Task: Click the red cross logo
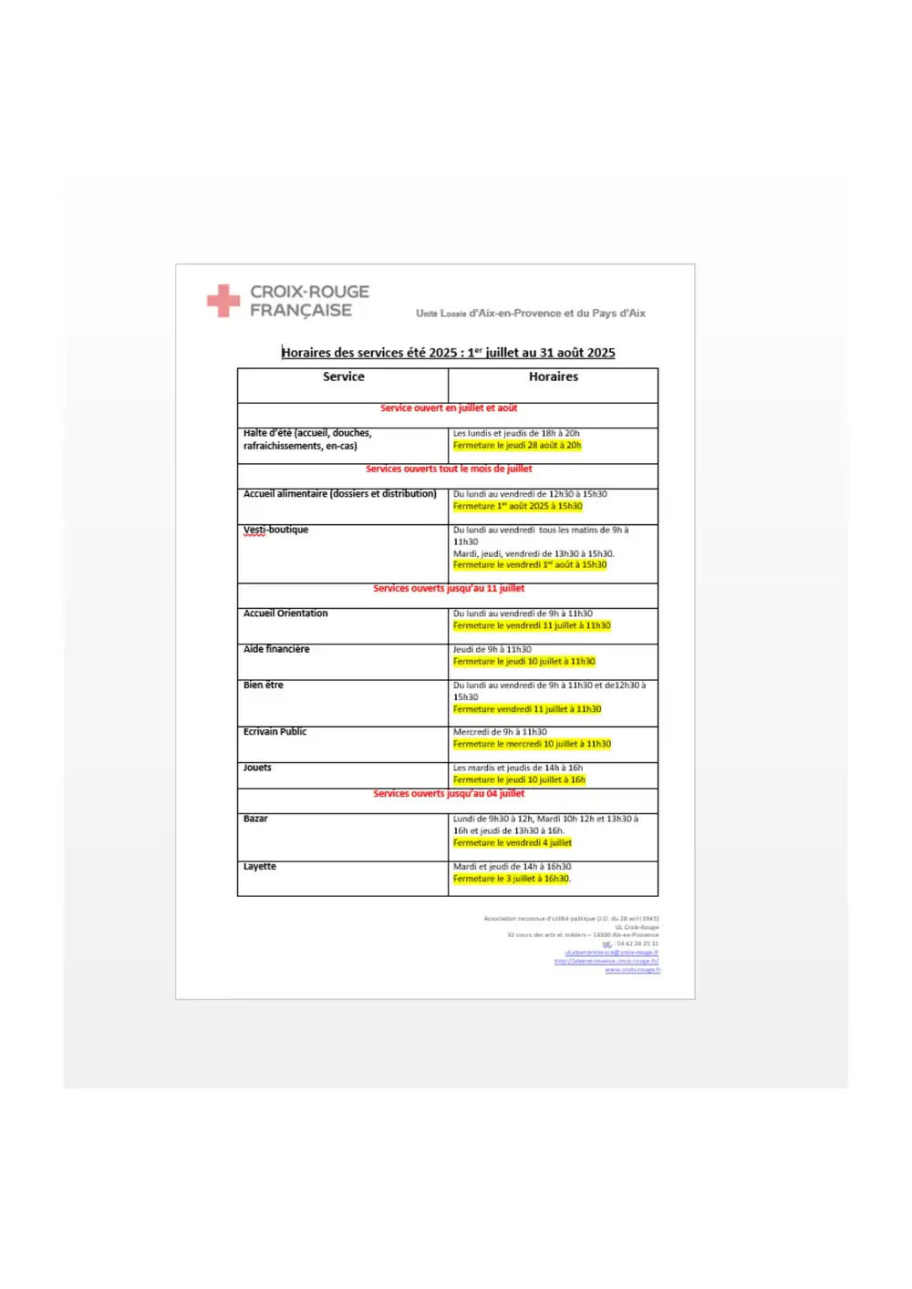point(223,301)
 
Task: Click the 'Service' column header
point(343,376)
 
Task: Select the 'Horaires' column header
point(553,376)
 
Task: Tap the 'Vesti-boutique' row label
point(275,530)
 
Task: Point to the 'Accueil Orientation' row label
point(285,614)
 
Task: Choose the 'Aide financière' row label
point(276,649)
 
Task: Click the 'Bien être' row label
point(264,685)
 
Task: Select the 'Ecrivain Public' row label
point(275,732)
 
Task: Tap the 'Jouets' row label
point(257,768)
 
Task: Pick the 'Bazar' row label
point(255,819)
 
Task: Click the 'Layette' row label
point(259,866)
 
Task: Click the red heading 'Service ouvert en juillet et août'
point(449,408)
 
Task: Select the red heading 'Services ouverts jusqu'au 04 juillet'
point(449,794)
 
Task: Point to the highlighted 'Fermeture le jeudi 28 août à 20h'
point(517,446)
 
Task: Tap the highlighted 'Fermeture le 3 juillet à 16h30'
point(512,879)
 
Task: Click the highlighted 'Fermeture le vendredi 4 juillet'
point(513,843)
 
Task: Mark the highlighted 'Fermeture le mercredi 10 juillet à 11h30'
point(532,744)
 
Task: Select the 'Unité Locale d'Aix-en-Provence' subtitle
point(530,314)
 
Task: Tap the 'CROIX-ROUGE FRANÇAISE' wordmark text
point(309,301)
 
